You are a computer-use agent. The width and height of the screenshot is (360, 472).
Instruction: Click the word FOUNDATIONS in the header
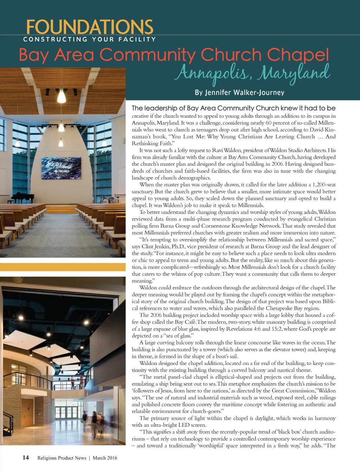[x=90, y=27]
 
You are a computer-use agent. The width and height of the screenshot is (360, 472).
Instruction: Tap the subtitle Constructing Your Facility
[x=89, y=39]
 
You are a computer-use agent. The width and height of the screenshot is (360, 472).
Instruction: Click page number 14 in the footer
[x=26, y=457]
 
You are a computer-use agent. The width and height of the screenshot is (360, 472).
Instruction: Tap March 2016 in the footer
[x=105, y=458]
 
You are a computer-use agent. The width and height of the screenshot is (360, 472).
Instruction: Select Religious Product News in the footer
[x=62, y=458]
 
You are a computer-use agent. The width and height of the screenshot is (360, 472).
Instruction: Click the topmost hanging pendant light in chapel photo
[x=62, y=95]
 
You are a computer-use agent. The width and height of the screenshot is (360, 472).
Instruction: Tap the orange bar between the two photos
[x=63, y=267]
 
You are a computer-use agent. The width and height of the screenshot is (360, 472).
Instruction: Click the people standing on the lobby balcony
[x=77, y=381]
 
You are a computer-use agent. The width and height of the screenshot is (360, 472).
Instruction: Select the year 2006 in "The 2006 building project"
[x=156, y=315]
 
